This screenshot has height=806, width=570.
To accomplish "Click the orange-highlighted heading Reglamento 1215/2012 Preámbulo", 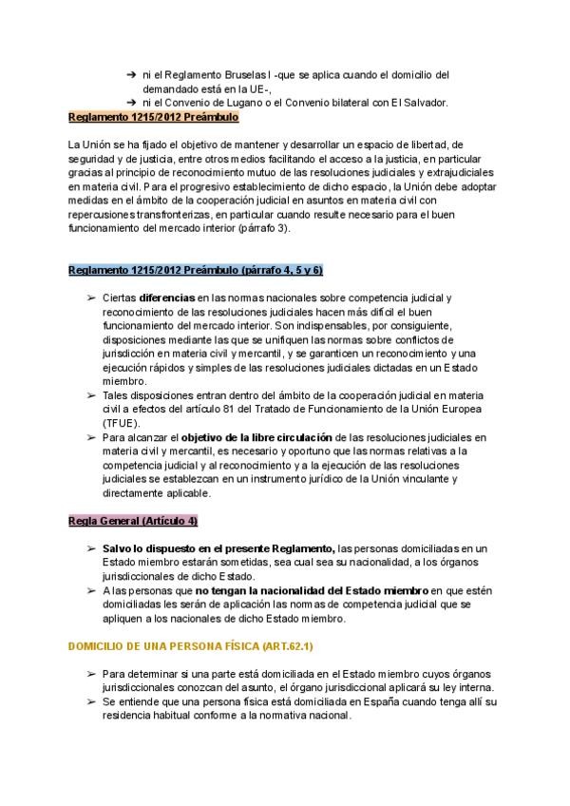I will [153, 117].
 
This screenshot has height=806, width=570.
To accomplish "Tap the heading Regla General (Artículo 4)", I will [133, 523].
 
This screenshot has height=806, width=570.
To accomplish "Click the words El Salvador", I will [421, 103].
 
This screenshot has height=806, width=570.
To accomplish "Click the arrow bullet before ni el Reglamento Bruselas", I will [130, 74].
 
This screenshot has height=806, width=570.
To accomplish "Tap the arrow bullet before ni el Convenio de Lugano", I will [130, 103].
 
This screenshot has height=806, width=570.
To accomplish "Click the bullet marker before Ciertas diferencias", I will [92, 298].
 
